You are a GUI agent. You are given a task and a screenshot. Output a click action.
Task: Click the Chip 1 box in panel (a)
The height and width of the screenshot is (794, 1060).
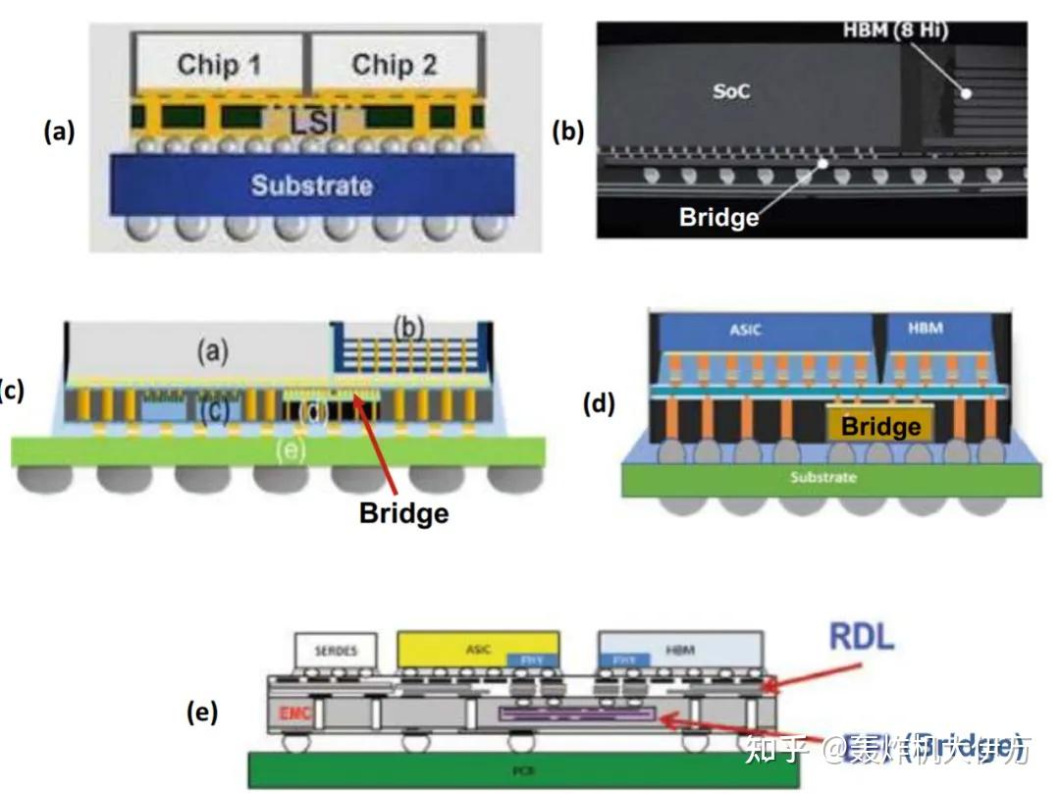tap(218, 66)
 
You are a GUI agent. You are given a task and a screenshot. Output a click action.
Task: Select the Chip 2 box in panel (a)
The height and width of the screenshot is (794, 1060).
tap(394, 66)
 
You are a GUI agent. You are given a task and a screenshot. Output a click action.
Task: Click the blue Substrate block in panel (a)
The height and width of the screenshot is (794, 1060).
tap(311, 185)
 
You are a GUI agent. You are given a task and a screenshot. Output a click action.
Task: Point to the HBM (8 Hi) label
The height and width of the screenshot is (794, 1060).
tap(895, 31)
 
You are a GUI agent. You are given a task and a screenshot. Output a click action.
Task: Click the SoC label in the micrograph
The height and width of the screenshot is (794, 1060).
tap(730, 91)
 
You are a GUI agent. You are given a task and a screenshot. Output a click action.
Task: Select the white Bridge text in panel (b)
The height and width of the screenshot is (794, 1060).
tap(718, 217)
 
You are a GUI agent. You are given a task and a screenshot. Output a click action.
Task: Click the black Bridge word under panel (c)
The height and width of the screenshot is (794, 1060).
tap(403, 512)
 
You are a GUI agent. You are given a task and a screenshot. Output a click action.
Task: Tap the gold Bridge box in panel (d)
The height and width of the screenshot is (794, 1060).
tap(880, 425)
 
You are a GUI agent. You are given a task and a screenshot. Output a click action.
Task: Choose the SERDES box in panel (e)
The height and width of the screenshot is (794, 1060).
tap(336, 650)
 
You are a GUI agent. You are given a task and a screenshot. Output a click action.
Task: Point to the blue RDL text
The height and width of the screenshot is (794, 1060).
tap(862, 637)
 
